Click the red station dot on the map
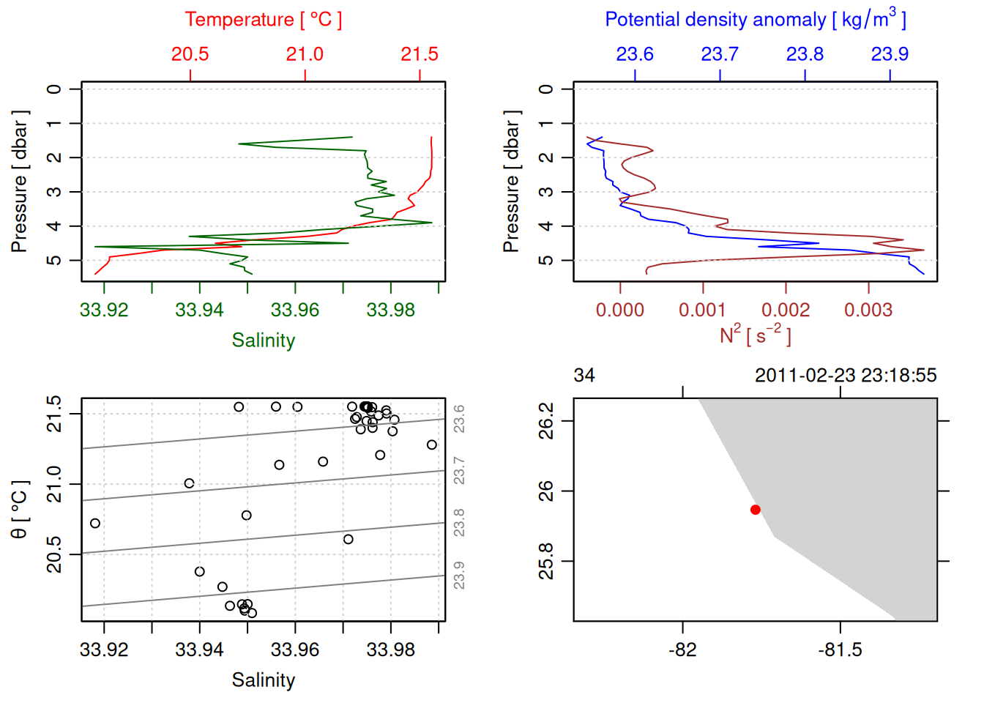coord(755,510)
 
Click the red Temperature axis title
coord(263,20)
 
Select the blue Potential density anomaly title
coord(755,19)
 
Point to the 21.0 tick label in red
coord(305,54)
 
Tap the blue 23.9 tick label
coord(890,54)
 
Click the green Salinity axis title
coord(263,341)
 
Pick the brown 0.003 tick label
coord(868,310)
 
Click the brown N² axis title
coord(755,335)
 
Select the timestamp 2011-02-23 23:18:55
coord(846,376)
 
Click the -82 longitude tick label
coord(682,650)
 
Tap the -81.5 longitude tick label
coord(840,650)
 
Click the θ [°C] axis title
coord(20,510)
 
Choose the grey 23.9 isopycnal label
coord(459,576)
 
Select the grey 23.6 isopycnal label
coord(459,419)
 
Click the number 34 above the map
coord(584,376)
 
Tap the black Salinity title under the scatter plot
coord(263,680)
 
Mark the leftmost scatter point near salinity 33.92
coord(95,523)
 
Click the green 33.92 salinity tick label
coord(104,310)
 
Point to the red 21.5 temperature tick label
coord(420,54)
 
